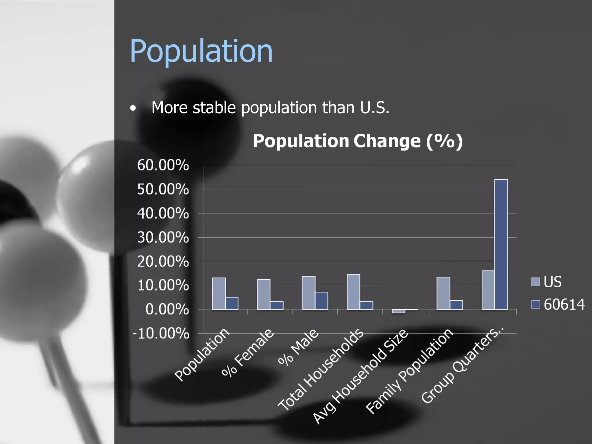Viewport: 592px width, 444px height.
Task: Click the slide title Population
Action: (x=201, y=51)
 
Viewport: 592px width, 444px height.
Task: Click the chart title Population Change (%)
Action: (x=358, y=141)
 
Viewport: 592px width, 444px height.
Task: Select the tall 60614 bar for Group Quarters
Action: (x=501, y=244)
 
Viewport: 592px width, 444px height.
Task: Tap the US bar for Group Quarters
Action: (x=488, y=290)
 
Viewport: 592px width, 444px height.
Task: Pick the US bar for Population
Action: (x=219, y=293)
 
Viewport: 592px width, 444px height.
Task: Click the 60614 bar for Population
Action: (x=232, y=303)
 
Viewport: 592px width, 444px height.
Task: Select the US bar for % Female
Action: (x=264, y=294)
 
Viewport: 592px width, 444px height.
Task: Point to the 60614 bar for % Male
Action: (x=321, y=301)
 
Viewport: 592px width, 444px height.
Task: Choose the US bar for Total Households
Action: (x=353, y=292)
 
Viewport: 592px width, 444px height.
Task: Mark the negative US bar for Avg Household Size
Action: (x=398, y=311)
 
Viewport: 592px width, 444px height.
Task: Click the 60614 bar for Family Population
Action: (x=456, y=305)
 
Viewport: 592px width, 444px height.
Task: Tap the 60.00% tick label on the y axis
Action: (x=163, y=165)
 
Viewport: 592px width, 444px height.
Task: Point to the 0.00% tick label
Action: (x=167, y=309)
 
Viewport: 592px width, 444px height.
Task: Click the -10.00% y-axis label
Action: (x=161, y=333)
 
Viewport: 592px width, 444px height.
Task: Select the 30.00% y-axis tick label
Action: (x=163, y=237)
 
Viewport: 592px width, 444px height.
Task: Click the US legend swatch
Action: (x=535, y=282)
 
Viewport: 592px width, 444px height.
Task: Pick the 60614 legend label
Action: (x=564, y=304)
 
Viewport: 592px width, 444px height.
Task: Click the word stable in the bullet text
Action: (x=214, y=108)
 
